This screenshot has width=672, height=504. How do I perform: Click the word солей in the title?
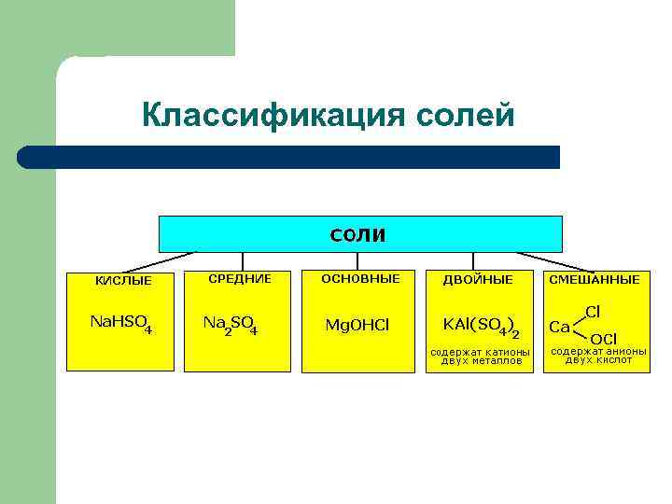(465, 116)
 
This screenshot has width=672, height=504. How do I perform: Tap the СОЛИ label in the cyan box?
(357, 233)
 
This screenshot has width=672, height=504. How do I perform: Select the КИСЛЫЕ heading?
(123, 280)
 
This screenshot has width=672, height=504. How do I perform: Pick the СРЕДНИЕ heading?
(240, 278)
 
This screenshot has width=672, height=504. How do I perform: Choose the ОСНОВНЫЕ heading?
(360, 278)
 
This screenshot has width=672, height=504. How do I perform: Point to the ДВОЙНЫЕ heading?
(477, 279)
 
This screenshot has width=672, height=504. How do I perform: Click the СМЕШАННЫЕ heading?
(595, 279)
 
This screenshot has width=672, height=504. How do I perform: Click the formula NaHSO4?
(120, 323)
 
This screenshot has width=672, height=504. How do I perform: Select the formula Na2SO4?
(231, 324)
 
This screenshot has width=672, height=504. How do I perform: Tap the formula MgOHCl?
(357, 325)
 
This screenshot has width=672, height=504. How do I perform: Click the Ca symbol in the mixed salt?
(559, 326)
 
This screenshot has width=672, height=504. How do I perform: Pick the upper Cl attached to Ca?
(593, 311)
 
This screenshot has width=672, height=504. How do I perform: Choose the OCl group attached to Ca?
(603, 338)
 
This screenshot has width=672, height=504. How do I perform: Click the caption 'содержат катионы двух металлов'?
(479, 356)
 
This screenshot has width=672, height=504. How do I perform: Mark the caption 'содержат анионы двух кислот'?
(598, 355)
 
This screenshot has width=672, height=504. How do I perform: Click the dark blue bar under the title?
(289, 157)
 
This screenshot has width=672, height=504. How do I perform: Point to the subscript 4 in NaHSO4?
(148, 329)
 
